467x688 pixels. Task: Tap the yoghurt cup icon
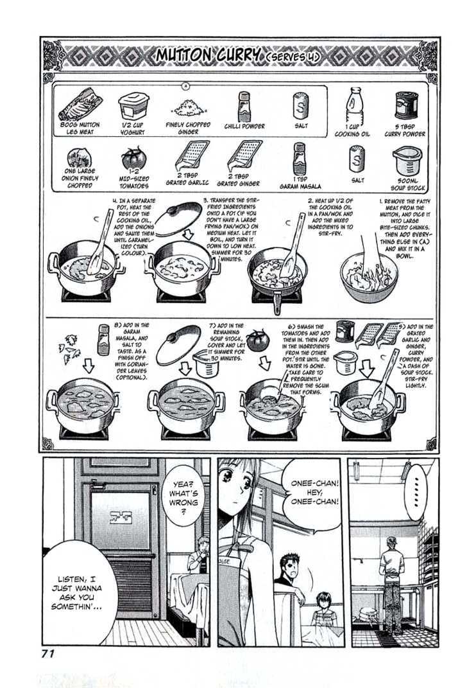tap(133, 105)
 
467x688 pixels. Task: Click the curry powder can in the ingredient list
tap(406, 106)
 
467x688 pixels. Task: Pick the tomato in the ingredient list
tap(133, 158)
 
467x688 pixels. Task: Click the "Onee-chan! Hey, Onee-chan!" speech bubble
tap(310, 495)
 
